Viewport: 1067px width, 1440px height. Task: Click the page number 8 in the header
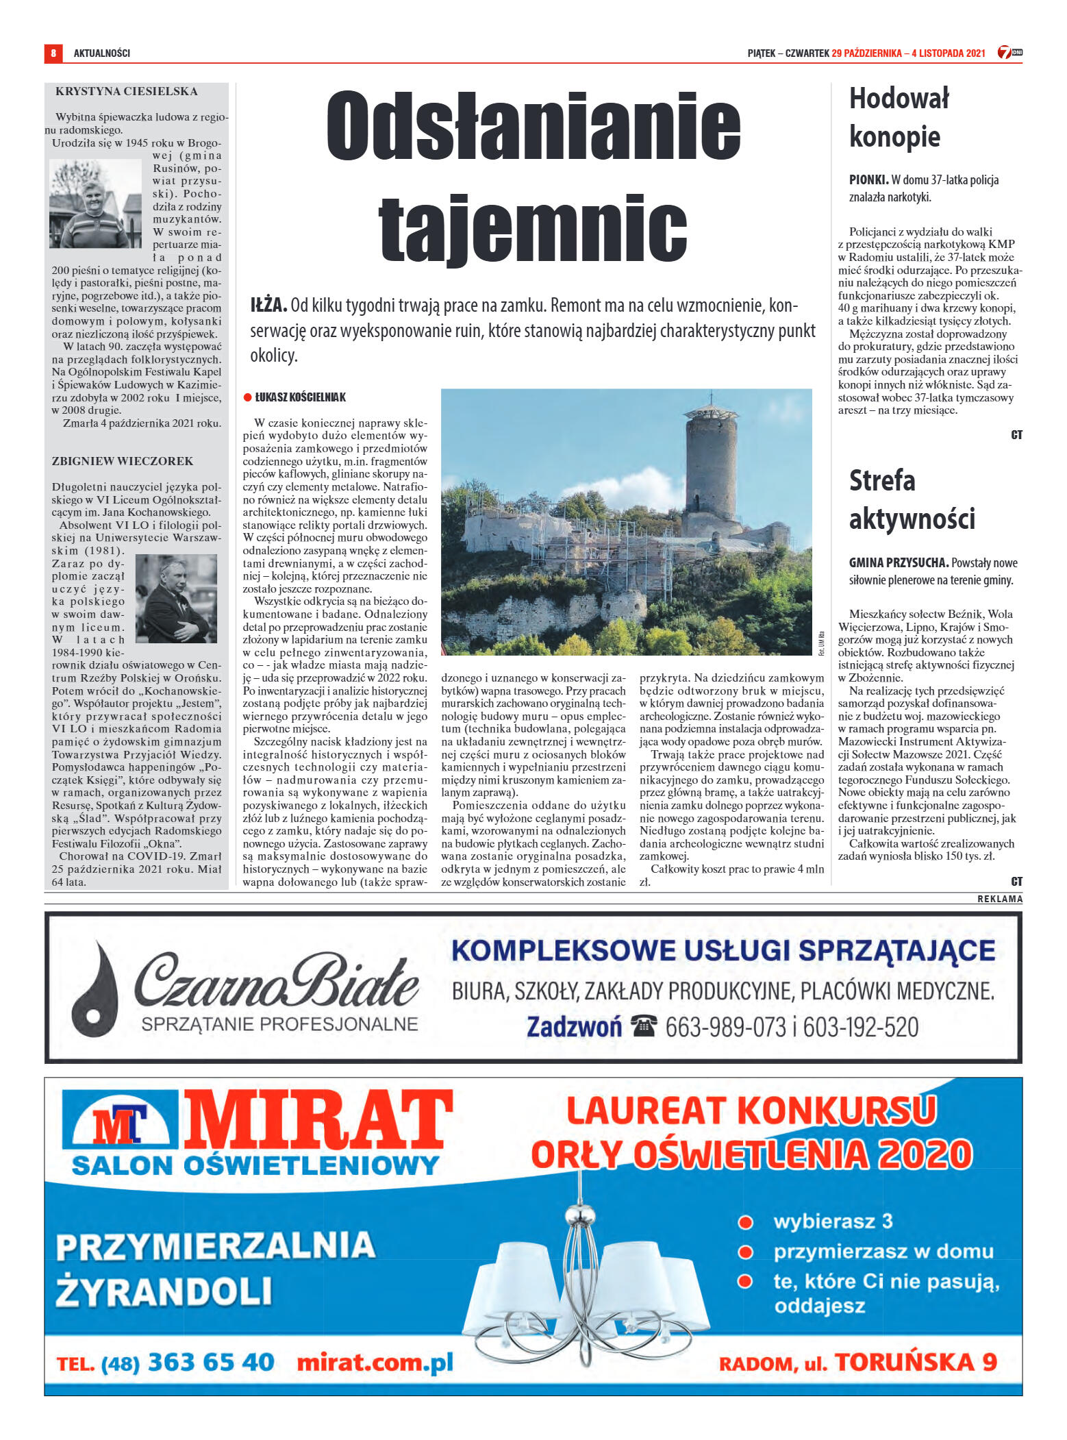pos(53,53)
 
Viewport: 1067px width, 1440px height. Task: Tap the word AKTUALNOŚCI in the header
pos(101,53)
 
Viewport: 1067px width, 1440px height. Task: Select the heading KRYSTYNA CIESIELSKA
pos(127,92)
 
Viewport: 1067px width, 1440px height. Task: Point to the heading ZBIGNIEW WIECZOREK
pos(123,461)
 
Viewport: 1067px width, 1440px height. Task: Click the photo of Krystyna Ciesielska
pos(95,204)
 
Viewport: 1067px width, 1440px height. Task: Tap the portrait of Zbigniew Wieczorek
pos(176,598)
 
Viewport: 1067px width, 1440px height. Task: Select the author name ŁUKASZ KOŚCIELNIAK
pos(301,397)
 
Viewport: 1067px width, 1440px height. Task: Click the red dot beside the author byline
pos(248,397)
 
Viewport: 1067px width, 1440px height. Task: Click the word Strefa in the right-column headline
pos(881,480)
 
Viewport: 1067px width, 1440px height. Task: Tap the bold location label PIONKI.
pos(868,180)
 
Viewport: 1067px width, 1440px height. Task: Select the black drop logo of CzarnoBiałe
pos(97,989)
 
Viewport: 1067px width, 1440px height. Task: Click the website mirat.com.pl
pos(375,1363)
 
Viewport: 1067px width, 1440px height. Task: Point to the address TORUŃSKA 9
pos(916,1362)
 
